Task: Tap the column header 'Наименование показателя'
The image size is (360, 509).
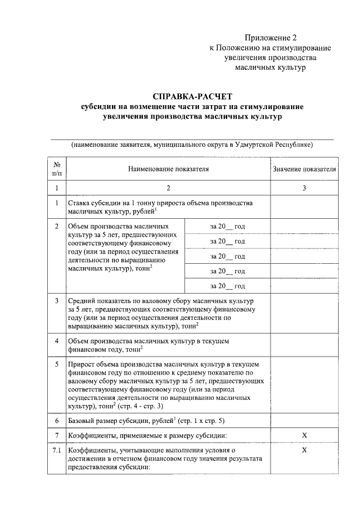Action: [168, 169]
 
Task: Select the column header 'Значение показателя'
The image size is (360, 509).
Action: [304, 169]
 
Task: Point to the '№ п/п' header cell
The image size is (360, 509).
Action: [57, 169]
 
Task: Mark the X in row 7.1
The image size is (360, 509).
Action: [304, 451]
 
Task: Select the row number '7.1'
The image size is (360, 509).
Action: [57, 451]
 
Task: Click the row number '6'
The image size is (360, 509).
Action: [57, 421]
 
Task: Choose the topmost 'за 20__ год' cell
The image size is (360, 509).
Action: [227, 226]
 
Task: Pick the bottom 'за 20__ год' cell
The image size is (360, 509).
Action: [227, 286]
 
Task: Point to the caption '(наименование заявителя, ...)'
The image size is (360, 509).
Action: [192, 145]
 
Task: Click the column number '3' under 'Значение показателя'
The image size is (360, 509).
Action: [304, 188]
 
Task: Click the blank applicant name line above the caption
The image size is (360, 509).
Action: [192, 136]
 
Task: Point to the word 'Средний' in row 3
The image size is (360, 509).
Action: [82, 301]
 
